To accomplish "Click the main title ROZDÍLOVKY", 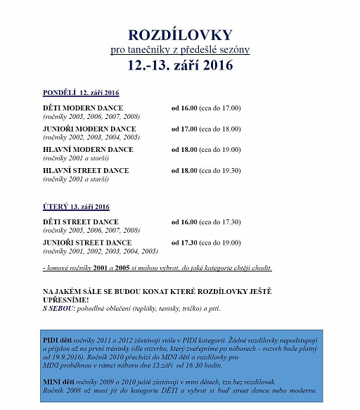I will click(x=179, y=34).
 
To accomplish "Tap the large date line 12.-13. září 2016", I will click(x=179, y=66).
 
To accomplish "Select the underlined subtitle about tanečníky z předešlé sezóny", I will click(x=179, y=50).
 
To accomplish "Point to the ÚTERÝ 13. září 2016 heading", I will click(x=76, y=207).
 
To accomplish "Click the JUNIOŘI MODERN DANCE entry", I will click(x=89, y=129).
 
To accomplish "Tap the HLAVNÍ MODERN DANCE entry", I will click(x=88, y=150).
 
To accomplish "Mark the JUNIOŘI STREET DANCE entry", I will click(x=87, y=243).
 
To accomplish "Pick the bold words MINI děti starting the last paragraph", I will click(x=60, y=380).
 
